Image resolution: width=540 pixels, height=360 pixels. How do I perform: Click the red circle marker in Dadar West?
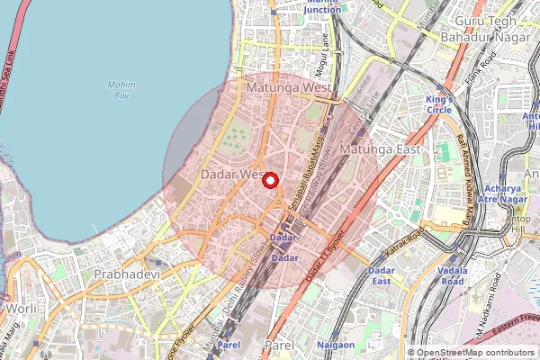coord(269,180)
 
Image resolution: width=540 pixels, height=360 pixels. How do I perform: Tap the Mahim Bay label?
coord(121,90)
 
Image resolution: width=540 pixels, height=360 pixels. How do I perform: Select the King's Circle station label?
coord(439,104)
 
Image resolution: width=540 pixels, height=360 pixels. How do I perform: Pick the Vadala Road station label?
coord(454,275)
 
